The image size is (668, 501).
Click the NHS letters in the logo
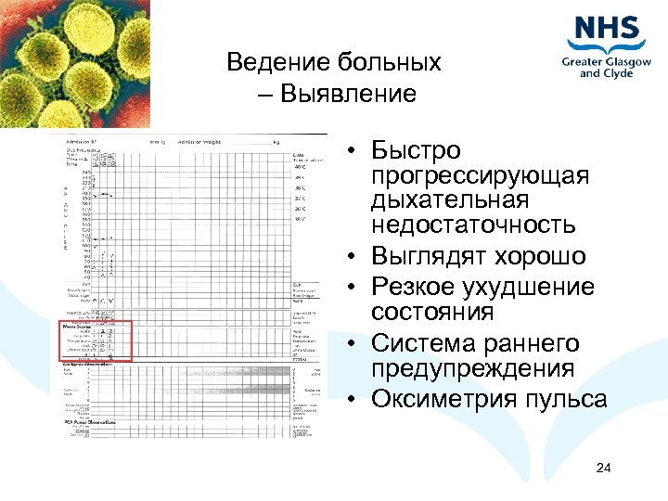pos(608,31)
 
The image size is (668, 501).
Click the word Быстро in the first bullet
pos(415,150)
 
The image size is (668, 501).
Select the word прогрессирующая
pos(480,175)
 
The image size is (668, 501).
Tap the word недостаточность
pos(473,225)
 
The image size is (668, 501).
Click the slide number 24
pos(603,467)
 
